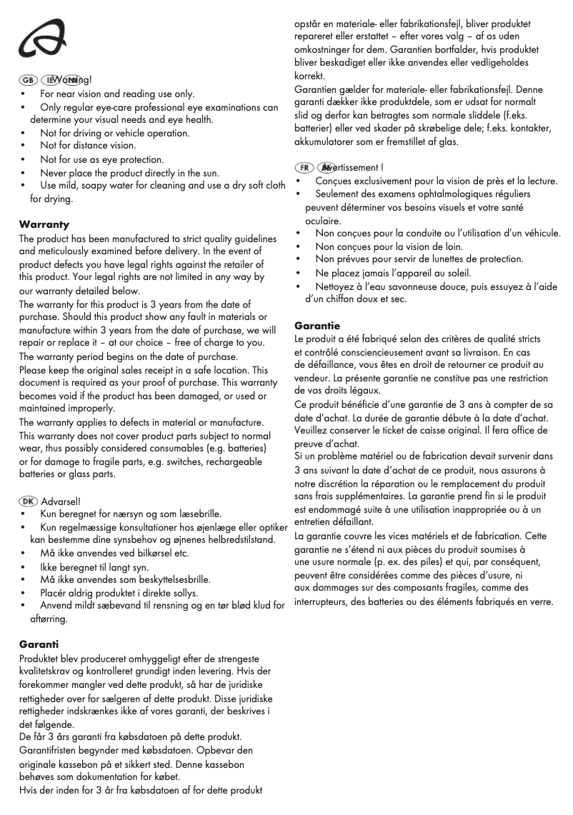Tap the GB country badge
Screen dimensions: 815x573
29,81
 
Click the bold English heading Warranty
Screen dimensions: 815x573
44,224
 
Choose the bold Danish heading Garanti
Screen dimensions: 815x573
39,644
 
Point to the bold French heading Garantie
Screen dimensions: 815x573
317,326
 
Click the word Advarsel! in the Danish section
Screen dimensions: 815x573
61,501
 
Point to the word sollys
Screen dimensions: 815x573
182,593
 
